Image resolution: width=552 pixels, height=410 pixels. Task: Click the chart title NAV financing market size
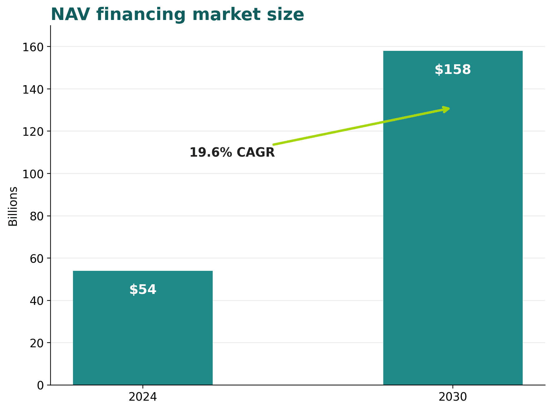pos(177,15)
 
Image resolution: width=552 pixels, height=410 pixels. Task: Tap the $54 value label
pos(143,290)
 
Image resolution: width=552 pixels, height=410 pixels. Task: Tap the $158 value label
pos(453,70)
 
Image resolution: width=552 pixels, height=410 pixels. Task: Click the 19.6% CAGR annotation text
pos(232,152)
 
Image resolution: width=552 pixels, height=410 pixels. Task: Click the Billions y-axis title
pos(13,206)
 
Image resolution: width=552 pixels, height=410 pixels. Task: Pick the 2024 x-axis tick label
pos(143,397)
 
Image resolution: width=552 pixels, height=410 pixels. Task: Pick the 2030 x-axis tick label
pos(453,397)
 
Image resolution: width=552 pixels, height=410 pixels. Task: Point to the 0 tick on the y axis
pos(41,385)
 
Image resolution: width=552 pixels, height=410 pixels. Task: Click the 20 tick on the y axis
pos(37,343)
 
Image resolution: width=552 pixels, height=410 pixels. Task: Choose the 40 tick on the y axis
pos(37,301)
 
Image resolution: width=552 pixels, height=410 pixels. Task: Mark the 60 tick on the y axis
pos(37,258)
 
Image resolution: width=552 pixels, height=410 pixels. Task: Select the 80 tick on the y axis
pos(37,216)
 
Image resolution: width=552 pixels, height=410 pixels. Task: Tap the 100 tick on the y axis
pos(33,174)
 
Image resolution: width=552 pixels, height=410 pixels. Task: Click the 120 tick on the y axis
pos(33,131)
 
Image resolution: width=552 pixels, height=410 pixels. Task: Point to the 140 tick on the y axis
pos(33,89)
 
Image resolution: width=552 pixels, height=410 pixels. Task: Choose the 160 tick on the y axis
pos(33,47)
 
